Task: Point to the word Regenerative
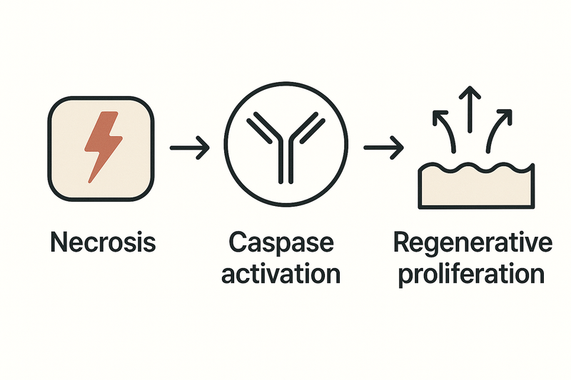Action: pyautogui.click(x=473, y=242)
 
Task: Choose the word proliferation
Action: pyautogui.click(x=473, y=273)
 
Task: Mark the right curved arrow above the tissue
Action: pyautogui.click(x=498, y=128)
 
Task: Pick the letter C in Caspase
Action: pyautogui.click(x=238, y=242)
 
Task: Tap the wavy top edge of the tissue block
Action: pyautogui.click(x=475, y=170)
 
